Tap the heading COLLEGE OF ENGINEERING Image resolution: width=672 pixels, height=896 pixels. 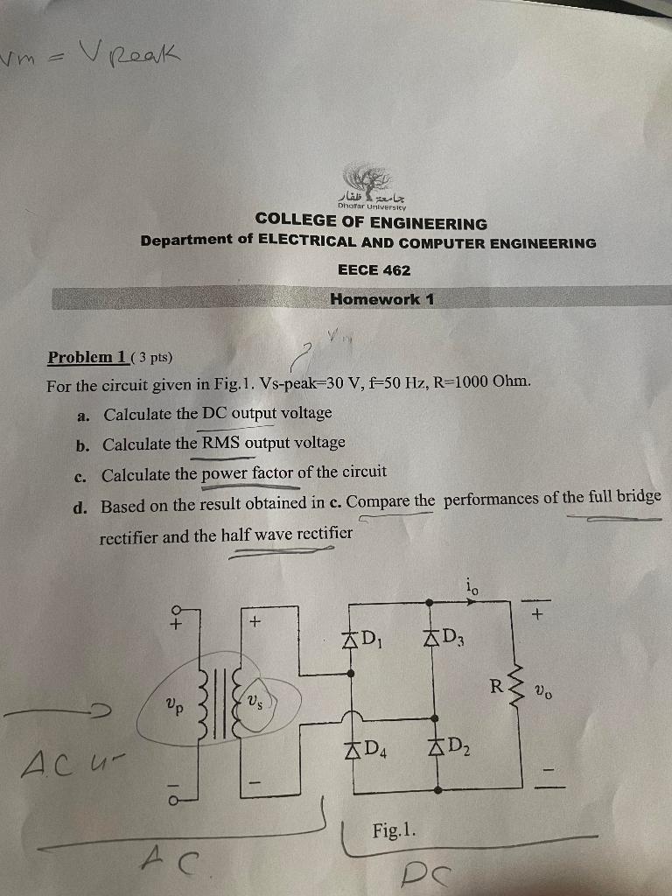click(x=371, y=223)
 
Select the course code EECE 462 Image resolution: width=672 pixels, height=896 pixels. click(x=374, y=270)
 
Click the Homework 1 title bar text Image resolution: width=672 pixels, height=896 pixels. click(x=381, y=299)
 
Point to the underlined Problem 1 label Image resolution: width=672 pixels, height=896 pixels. click(x=87, y=357)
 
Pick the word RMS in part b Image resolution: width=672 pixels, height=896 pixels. click(x=220, y=443)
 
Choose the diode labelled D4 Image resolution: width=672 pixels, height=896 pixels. click(x=352, y=749)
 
